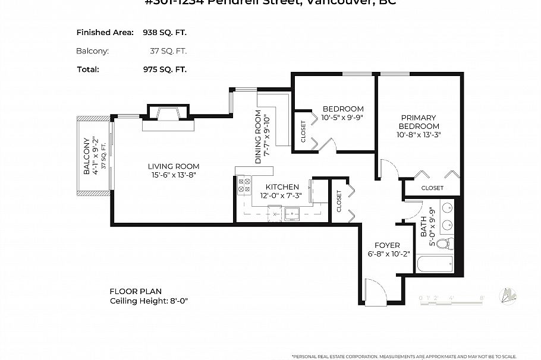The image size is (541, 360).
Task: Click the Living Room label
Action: tap(174, 166)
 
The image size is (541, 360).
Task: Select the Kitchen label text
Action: tap(282, 187)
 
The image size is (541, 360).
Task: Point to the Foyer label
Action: tap(387, 245)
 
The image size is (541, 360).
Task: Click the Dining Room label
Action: tap(258, 137)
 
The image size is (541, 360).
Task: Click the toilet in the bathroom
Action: tap(444, 244)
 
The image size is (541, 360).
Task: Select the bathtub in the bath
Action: tap(435, 263)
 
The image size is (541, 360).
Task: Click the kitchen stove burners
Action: tap(244, 185)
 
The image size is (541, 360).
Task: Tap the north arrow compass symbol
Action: tap(508, 295)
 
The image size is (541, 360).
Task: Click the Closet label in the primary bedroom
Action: tap(432, 188)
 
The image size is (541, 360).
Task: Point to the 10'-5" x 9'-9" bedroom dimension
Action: tap(343, 118)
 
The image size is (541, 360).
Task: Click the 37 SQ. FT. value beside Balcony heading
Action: tap(168, 51)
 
